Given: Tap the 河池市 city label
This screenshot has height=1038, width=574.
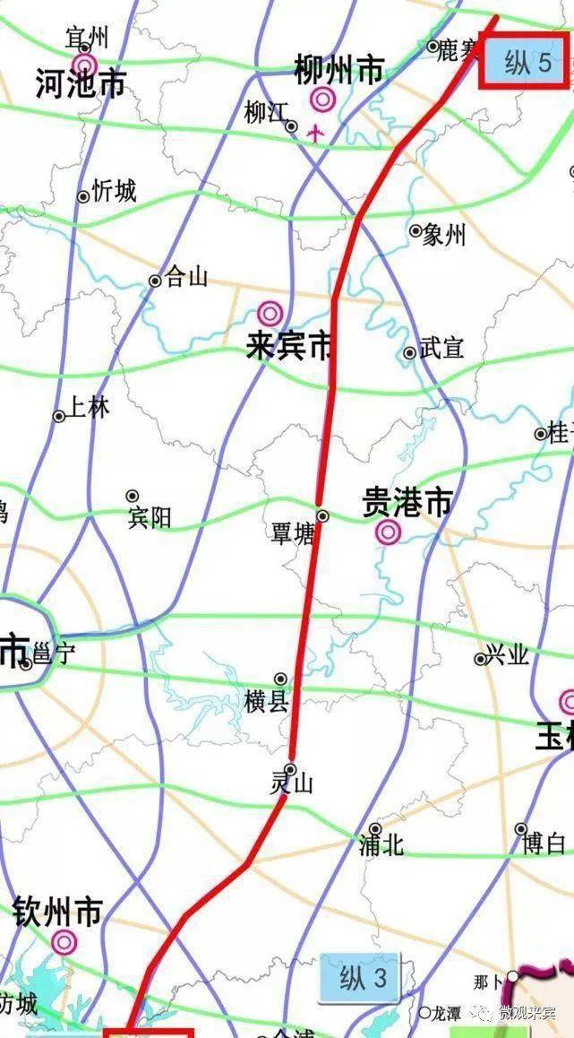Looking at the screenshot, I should coord(81,84).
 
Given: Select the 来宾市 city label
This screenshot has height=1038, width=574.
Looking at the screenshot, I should coord(288,346).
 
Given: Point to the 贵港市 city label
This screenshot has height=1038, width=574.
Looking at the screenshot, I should coord(407,503).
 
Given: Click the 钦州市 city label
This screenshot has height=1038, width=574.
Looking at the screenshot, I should coord(57,913).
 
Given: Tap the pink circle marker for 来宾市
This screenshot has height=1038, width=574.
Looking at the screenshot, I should coord(270,314).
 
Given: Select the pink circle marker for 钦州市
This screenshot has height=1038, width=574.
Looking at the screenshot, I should coord(64,942).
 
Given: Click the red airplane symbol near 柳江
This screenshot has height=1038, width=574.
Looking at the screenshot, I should coord(314,133).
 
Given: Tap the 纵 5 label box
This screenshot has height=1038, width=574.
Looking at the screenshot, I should coord(522,63).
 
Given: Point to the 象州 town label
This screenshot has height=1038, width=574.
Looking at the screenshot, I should coord(444,235).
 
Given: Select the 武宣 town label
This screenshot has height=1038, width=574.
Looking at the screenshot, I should coord(441,348).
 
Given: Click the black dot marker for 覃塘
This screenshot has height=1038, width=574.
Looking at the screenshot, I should coord(323,515).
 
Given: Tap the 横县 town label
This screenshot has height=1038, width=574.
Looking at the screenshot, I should coord(266,700).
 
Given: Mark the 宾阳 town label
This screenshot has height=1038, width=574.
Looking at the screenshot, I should coord(149,517).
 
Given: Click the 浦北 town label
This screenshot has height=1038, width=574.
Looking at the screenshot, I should coord(381,845).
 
